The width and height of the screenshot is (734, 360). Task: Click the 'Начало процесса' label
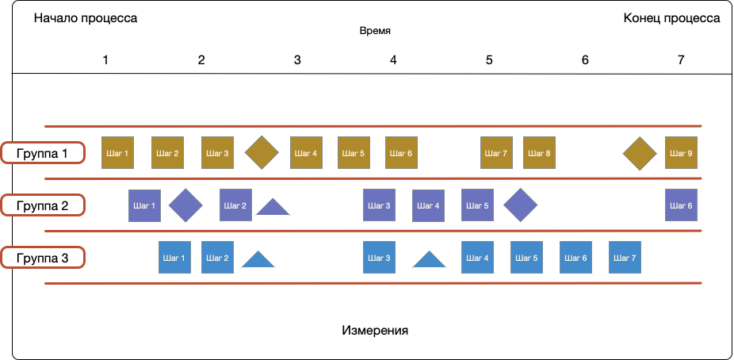[x=86, y=19]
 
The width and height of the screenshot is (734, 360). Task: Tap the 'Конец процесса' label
[x=671, y=19]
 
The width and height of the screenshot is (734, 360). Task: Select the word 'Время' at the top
[x=375, y=32]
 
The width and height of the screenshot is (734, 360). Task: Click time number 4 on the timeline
[x=393, y=59]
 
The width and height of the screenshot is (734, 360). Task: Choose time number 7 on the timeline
[x=680, y=59]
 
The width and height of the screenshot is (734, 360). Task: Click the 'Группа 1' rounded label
[x=43, y=152]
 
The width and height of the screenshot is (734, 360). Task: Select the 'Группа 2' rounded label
[x=43, y=205]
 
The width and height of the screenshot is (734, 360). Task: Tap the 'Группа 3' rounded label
[x=43, y=257]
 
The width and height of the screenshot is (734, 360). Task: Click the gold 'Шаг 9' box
[x=681, y=153]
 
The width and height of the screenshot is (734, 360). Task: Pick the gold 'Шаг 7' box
[x=496, y=153]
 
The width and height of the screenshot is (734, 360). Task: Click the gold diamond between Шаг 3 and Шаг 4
[x=262, y=153]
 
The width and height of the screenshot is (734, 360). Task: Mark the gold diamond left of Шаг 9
[x=640, y=153]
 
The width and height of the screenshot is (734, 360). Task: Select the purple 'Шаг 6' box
[x=681, y=205]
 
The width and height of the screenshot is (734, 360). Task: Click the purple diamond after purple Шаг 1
[x=186, y=205]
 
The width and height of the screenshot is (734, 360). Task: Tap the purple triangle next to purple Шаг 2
[x=273, y=209]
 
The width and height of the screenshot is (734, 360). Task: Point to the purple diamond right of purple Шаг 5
[x=521, y=205]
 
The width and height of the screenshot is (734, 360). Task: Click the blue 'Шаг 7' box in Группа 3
[x=625, y=258]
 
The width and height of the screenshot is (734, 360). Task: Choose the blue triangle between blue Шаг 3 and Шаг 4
[x=430, y=261]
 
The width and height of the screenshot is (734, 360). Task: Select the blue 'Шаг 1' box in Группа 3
[x=174, y=258]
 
